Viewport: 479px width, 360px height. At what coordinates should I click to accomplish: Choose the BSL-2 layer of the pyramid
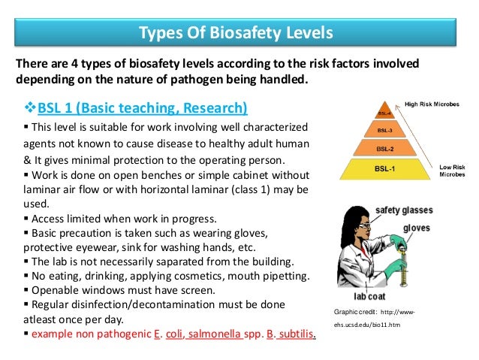coord(385,148)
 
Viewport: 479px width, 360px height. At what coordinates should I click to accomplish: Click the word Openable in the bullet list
coord(49,290)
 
